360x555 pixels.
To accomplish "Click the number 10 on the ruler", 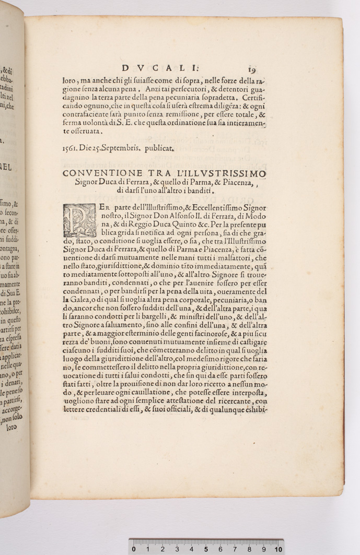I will [278, 549].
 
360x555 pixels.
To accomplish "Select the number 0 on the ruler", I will [134, 549].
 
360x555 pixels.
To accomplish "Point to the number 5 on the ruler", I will [206, 549].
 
